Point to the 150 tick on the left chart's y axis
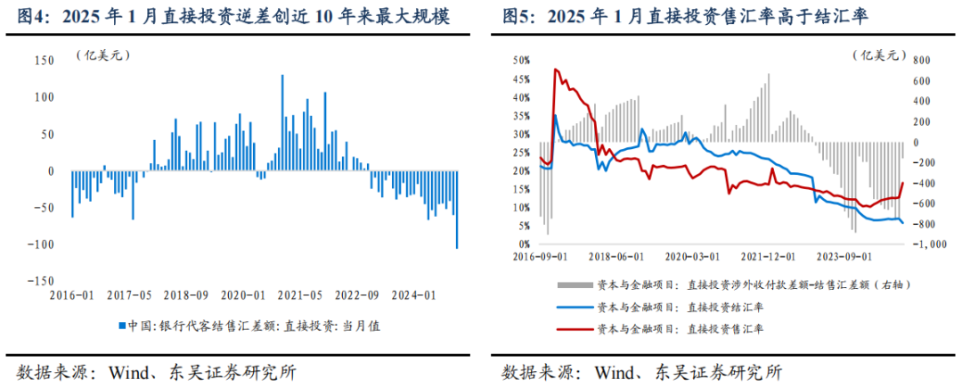pyautogui.click(x=44, y=61)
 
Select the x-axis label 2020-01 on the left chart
pyautogui.click(x=242, y=295)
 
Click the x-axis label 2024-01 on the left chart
pyautogui.click(x=414, y=295)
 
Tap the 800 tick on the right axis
pyautogui.click(x=920, y=61)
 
